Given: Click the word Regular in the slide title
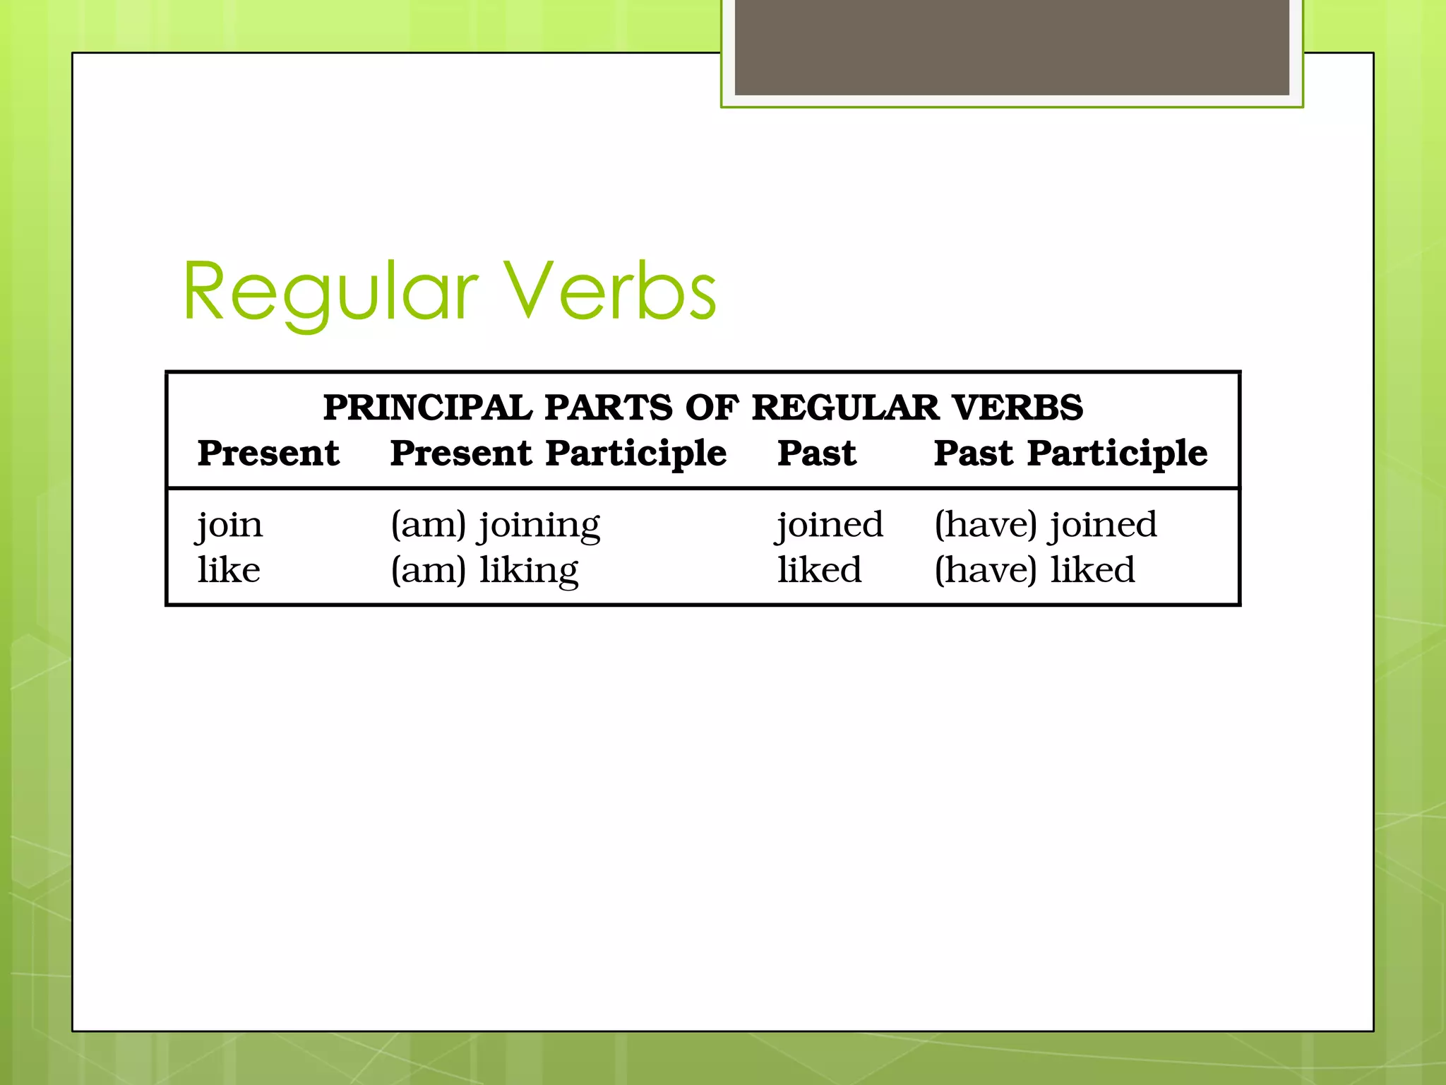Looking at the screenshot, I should coord(330,291).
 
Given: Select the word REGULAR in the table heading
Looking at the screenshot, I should coord(845,408).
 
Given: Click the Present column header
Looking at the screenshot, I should coord(268,453).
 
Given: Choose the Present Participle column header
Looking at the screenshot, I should coord(558,453).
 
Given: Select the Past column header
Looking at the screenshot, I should coord(816,453).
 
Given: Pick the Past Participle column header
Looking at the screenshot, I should coord(1070,453).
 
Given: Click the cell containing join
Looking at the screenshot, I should coord(229,526).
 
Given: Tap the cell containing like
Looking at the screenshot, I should coord(229,570).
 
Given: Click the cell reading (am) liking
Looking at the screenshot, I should coord(484,571).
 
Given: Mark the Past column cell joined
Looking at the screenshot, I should coord(830,526).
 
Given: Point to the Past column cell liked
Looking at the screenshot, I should coord(819,570).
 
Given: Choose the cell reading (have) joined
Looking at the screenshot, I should coord(1045,526).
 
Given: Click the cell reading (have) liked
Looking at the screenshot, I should coord(1034,570).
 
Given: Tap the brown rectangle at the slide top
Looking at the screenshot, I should coord(1011,47).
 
